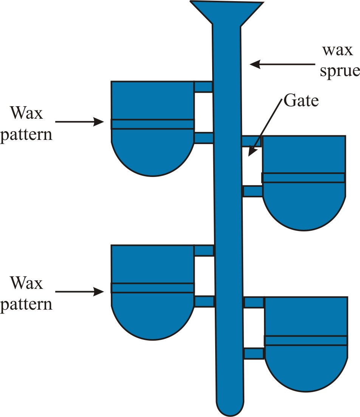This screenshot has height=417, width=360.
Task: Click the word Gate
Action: click(301, 101)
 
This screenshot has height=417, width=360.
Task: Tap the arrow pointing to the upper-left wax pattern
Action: click(79, 122)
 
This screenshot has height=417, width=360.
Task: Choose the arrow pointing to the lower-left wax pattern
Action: click(79, 291)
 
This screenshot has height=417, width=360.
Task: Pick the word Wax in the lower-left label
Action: click(26, 283)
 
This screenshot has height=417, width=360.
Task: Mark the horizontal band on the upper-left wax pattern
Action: click(152, 124)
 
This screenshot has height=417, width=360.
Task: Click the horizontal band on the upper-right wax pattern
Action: click(304, 178)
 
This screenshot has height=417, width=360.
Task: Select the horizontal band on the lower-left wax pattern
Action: click(152, 288)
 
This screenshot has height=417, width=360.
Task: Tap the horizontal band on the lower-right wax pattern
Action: click(306, 340)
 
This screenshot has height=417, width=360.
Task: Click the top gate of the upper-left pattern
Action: click(203, 87)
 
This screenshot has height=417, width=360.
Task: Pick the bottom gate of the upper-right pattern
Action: click(252, 191)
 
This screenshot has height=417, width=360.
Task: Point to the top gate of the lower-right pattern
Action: click(254, 302)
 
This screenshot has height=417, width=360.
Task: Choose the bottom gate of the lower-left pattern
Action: click(204, 301)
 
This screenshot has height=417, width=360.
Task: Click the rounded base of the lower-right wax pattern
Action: click(306, 372)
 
